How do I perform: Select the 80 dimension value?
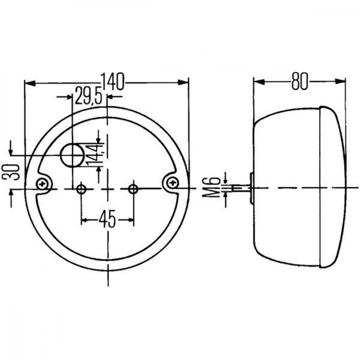click(299, 82)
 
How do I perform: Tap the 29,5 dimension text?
click(89, 97)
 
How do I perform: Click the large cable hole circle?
click(71, 155)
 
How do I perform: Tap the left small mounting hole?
click(81, 189)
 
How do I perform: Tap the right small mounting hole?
click(132, 189)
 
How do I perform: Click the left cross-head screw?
click(42, 183)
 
